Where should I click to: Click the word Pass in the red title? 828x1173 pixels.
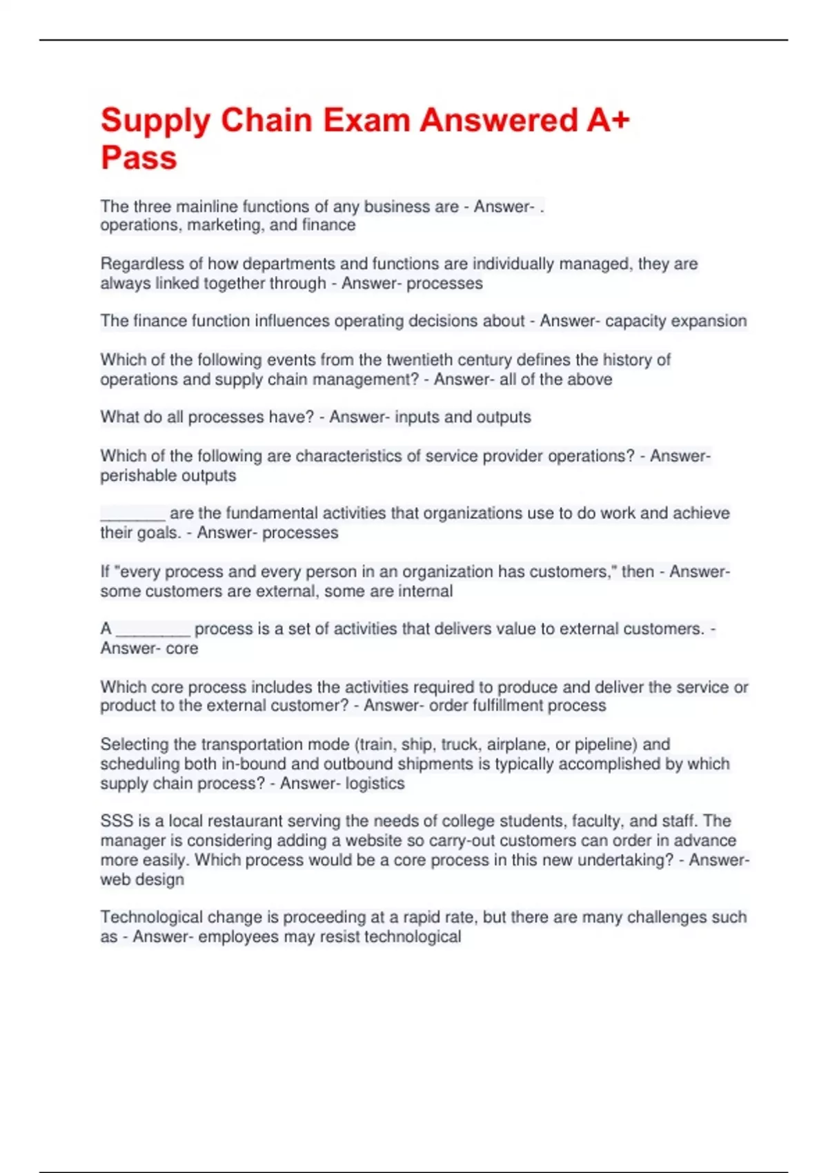coord(139,157)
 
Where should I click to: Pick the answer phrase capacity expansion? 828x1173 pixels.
coord(676,321)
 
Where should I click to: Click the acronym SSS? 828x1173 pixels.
coord(117,821)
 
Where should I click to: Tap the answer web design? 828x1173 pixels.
coord(142,880)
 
